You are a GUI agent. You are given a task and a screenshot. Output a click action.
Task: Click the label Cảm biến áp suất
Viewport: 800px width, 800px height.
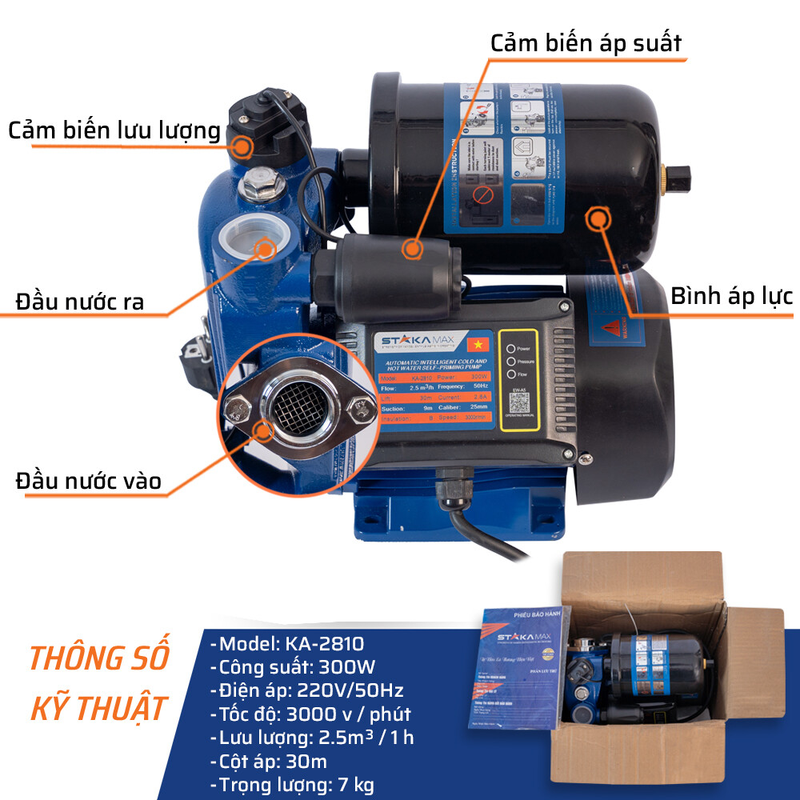coord(586,42)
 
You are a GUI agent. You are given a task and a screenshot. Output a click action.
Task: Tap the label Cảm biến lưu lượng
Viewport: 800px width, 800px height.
coord(114,130)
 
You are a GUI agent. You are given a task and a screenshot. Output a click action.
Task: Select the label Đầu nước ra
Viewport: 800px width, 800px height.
coord(80,302)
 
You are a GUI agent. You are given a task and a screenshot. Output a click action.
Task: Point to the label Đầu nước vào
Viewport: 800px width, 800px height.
coord(88,481)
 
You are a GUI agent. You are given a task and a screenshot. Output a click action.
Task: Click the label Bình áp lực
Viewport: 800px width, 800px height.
coord(731,297)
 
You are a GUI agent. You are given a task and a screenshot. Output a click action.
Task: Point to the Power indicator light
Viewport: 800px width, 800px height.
coord(510,349)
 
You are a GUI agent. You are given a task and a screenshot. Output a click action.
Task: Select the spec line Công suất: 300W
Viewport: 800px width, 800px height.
coord(292,667)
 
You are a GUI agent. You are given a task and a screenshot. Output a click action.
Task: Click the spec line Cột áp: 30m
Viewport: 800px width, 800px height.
coord(268,761)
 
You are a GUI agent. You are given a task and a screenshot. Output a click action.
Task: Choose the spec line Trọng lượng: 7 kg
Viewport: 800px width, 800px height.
coord(292,785)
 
